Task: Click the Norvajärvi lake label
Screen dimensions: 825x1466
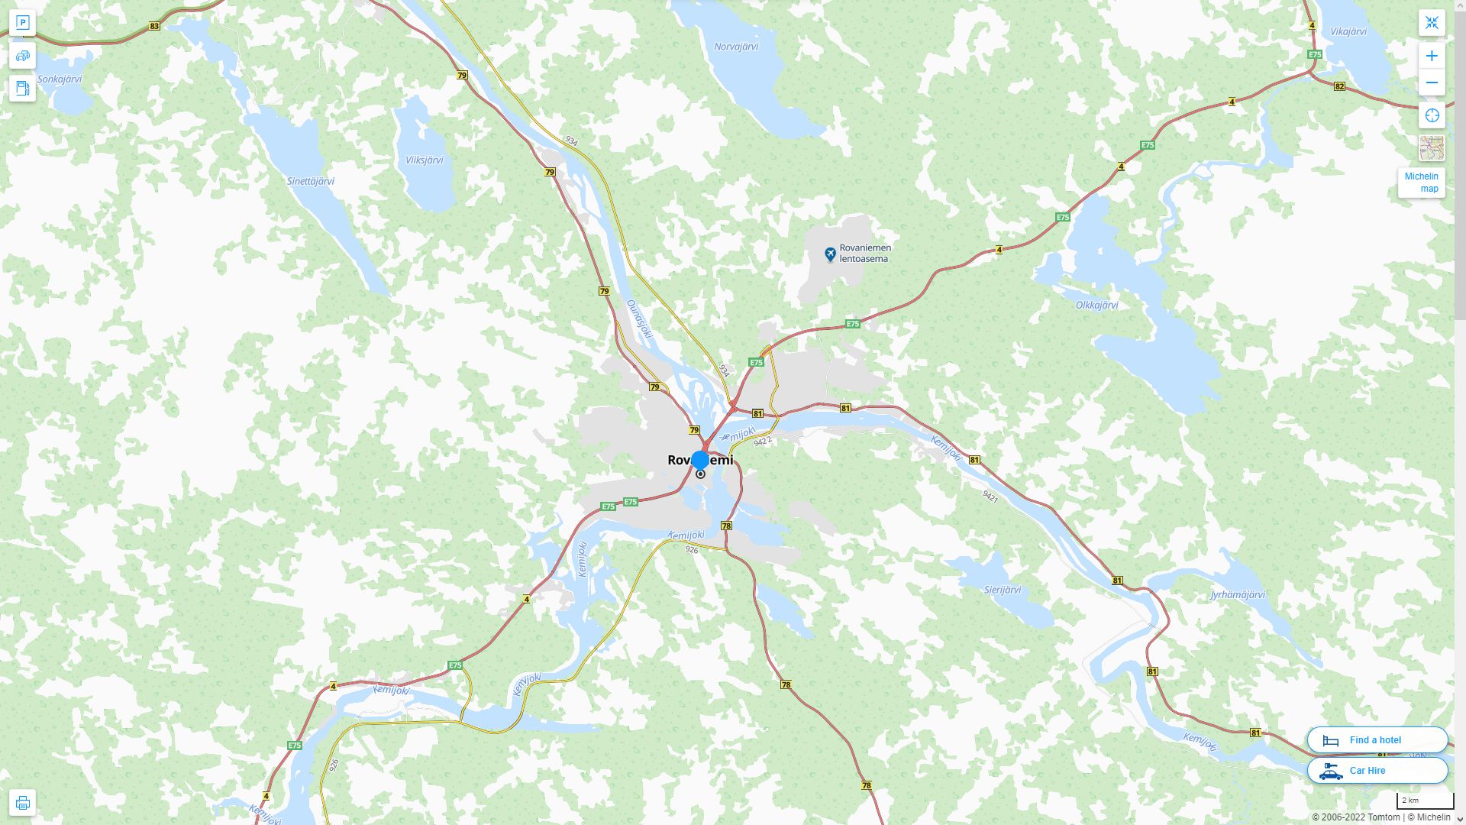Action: (736, 47)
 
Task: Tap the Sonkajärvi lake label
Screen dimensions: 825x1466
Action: (60, 79)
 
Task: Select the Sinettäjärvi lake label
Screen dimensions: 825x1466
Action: (310, 181)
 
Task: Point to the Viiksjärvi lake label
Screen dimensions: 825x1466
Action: (424, 160)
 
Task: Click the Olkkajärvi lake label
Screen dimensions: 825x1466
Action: (1096, 305)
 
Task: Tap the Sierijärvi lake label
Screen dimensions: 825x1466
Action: (1002, 590)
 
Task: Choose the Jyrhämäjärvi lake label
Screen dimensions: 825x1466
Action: (1238, 594)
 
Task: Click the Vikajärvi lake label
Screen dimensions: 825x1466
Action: (1348, 31)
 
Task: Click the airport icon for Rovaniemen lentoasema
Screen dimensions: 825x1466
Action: (830, 254)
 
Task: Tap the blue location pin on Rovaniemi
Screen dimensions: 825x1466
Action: (700, 461)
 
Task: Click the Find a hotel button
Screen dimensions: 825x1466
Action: (1377, 739)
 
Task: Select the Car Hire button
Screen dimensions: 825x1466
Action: (1377, 770)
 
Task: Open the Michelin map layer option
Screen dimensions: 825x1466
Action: (1421, 183)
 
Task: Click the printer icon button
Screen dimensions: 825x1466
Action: (22, 802)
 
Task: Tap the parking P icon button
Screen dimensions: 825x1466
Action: (22, 23)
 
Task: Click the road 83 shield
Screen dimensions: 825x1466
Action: (155, 26)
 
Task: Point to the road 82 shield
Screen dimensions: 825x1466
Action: (1339, 86)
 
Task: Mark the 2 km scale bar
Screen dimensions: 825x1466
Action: (1425, 801)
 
